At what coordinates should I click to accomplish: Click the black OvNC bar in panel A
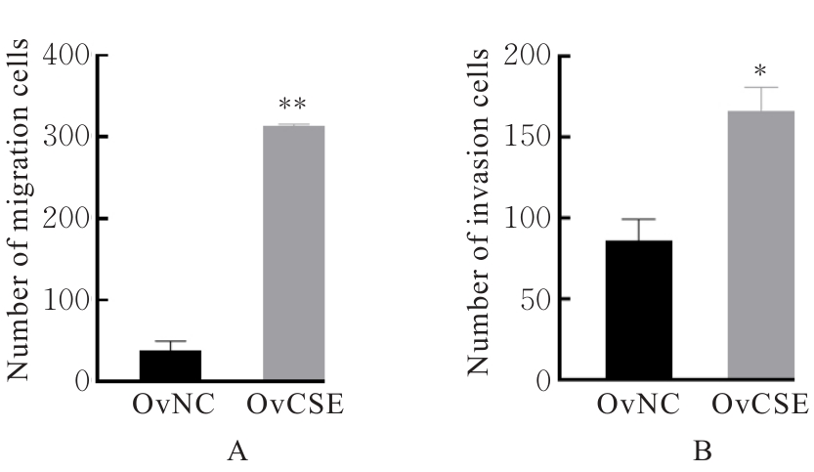point(170,365)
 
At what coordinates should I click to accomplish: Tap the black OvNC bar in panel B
point(638,310)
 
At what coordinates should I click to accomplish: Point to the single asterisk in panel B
point(760,71)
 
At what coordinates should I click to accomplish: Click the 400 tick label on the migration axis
point(64,55)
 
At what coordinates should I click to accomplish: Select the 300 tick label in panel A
point(64,137)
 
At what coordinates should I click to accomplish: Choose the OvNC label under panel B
point(639,404)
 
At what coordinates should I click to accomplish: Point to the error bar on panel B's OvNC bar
point(638,229)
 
